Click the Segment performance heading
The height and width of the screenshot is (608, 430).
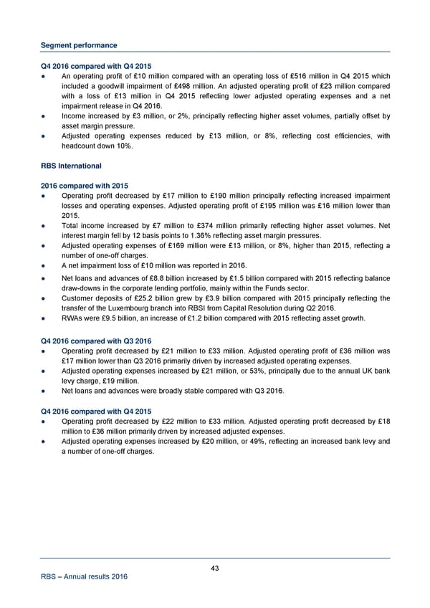coord(79,45)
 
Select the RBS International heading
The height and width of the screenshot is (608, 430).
coord(70,166)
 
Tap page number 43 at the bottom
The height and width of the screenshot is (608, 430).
coord(215,569)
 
